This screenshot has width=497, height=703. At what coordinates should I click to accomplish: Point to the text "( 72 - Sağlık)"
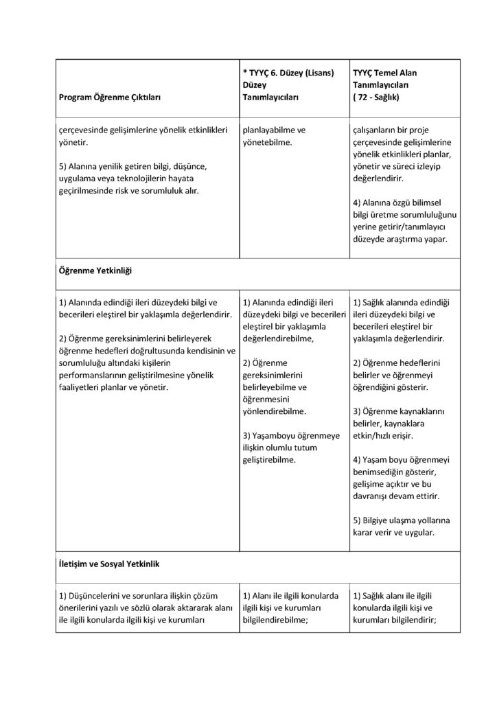378,98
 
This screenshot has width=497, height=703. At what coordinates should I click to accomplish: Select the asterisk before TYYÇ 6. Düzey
245,72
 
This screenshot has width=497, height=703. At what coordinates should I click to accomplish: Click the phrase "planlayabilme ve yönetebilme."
274,136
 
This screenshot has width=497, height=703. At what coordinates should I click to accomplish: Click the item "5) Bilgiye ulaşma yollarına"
403,520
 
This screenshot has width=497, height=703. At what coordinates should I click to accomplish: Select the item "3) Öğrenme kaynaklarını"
399,411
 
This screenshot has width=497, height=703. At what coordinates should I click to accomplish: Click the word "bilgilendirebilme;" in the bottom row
275,620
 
